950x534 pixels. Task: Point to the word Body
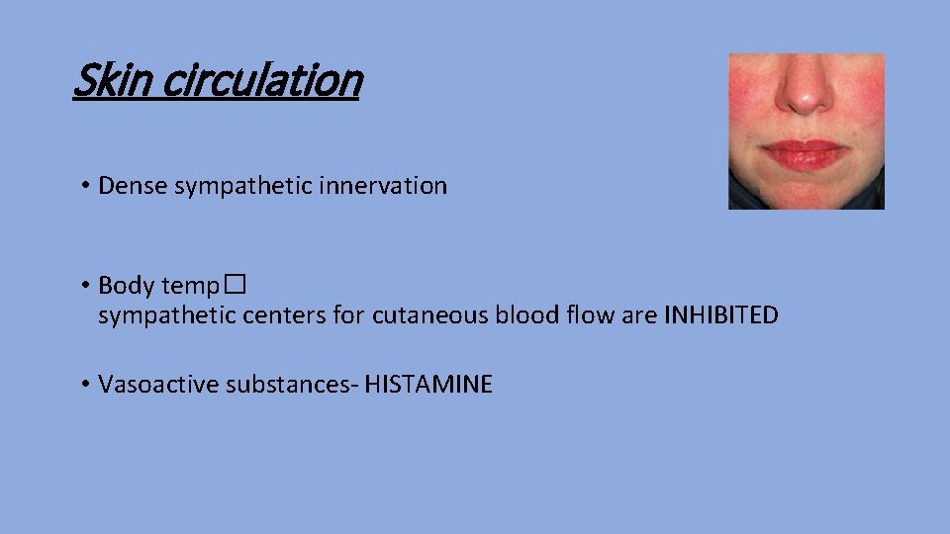pyautogui.click(x=127, y=286)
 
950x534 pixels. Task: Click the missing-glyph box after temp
pyautogui.click(x=233, y=286)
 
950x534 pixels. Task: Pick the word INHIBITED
pyautogui.click(x=720, y=315)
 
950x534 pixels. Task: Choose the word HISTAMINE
pyautogui.click(x=427, y=385)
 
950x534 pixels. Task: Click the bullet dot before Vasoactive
pyautogui.click(x=86, y=385)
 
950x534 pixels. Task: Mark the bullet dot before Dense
pyautogui.click(x=86, y=186)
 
